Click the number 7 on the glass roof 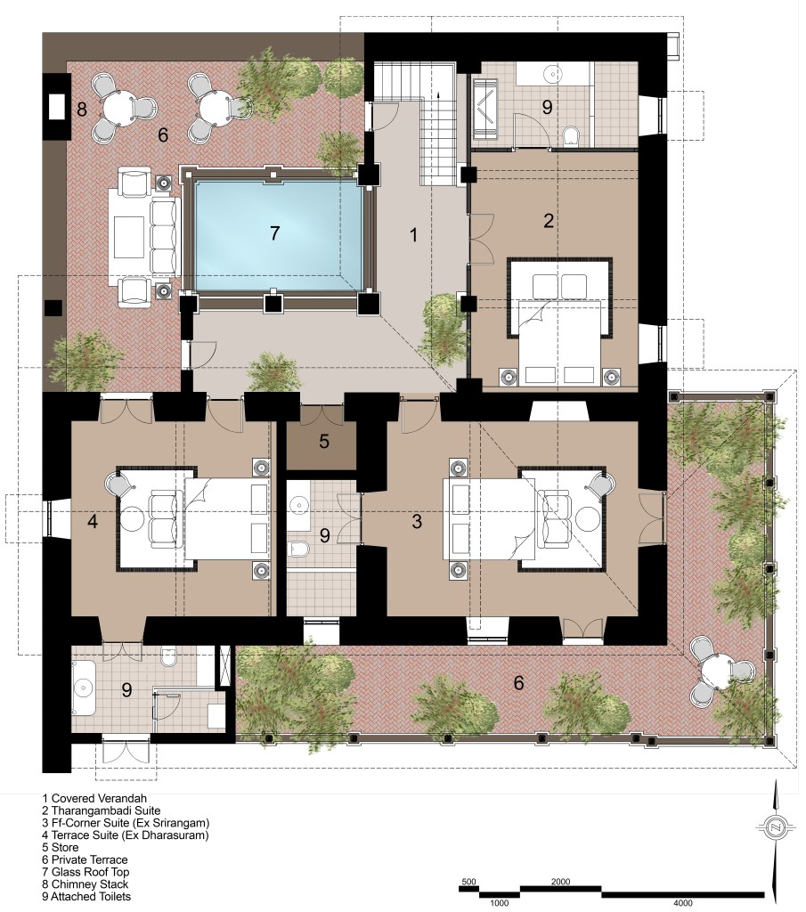(275, 233)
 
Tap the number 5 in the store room (324, 442)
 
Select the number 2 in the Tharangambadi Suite (549, 221)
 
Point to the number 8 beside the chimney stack (82, 109)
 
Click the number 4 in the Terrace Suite (93, 521)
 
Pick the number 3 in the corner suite (417, 521)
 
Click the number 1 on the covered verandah (413, 235)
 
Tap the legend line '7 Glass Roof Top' (86, 872)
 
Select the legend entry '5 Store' (61, 848)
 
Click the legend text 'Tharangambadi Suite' (106, 810)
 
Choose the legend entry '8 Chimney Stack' (85, 884)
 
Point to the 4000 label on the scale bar (683, 904)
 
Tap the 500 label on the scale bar (468, 882)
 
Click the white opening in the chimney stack (56, 107)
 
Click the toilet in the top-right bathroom (571, 136)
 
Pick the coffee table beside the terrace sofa (129, 237)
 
